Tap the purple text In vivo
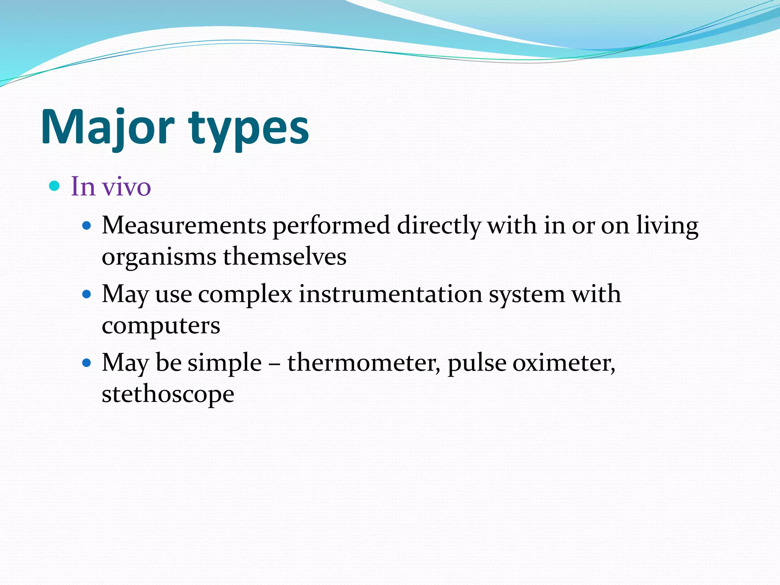111,187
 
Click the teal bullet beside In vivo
55,186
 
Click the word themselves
285,256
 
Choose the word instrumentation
390,294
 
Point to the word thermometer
363,363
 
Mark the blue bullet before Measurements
87,226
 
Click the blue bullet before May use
87,294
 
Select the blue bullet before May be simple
87,363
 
